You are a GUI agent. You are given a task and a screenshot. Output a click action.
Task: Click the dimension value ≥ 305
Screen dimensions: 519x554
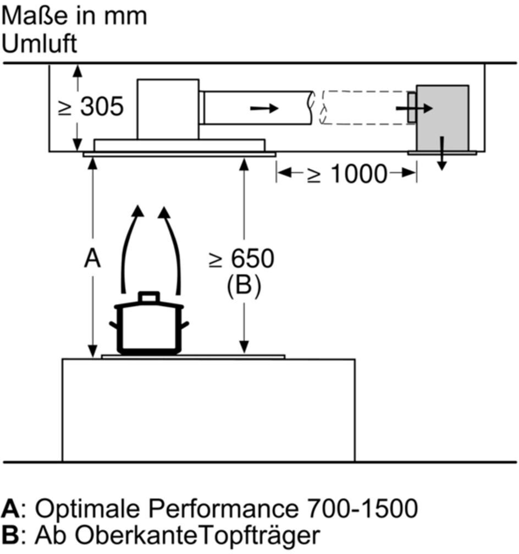coord(91,108)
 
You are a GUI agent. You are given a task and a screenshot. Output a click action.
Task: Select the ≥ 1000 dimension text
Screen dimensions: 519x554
coord(347,174)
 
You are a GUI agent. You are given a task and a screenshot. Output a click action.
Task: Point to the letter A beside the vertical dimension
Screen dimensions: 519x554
coord(92,258)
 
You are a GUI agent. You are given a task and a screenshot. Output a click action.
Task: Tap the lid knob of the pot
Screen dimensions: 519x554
coord(148,297)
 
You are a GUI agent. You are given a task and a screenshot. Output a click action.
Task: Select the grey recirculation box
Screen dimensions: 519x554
coord(443,118)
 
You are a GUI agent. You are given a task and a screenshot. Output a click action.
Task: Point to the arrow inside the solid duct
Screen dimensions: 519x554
coord(264,108)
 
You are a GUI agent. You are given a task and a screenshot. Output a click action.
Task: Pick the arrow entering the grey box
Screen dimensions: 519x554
coord(415,109)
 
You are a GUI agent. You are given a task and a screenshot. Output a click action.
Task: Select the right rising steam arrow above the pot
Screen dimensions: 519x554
coord(172,247)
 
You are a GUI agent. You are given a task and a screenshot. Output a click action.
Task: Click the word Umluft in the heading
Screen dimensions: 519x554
coord(40,44)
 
